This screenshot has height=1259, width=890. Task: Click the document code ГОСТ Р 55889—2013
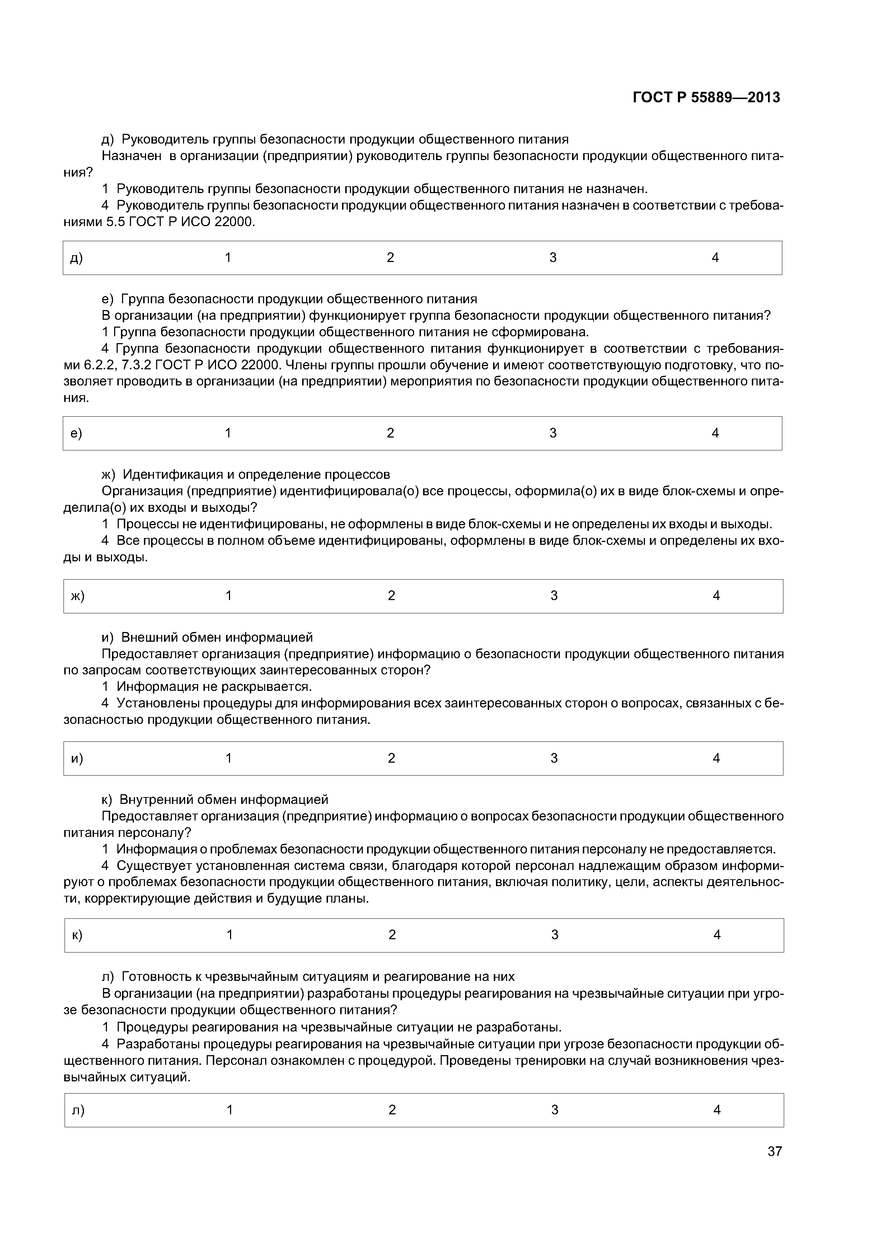click(706, 98)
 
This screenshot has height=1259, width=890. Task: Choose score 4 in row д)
click(715, 257)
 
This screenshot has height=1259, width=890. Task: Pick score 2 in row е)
click(390, 433)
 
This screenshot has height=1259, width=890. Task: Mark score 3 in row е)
click(553, 433)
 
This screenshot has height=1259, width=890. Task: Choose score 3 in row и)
click(554, 758)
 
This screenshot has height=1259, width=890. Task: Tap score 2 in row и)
click(392, 758)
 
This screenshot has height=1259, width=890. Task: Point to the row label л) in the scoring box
click(79, 1110)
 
